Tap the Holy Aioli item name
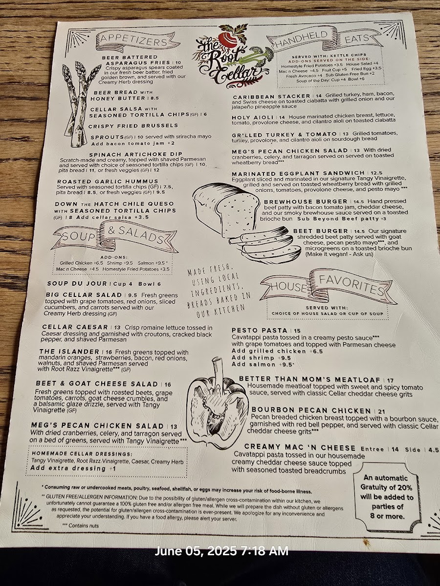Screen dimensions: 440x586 252,118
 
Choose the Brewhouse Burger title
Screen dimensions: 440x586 306,202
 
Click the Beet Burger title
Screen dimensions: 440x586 321,231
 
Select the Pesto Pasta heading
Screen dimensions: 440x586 259,331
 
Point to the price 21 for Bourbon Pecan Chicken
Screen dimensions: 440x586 381,411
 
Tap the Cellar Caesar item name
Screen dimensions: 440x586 75,327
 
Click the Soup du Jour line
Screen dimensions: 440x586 104,284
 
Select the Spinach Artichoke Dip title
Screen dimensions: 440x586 136,154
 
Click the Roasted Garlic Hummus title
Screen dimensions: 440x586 108,182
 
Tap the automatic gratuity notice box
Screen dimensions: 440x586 386,497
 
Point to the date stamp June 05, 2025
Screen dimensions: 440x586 222,551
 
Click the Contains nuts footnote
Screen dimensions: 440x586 81,525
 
